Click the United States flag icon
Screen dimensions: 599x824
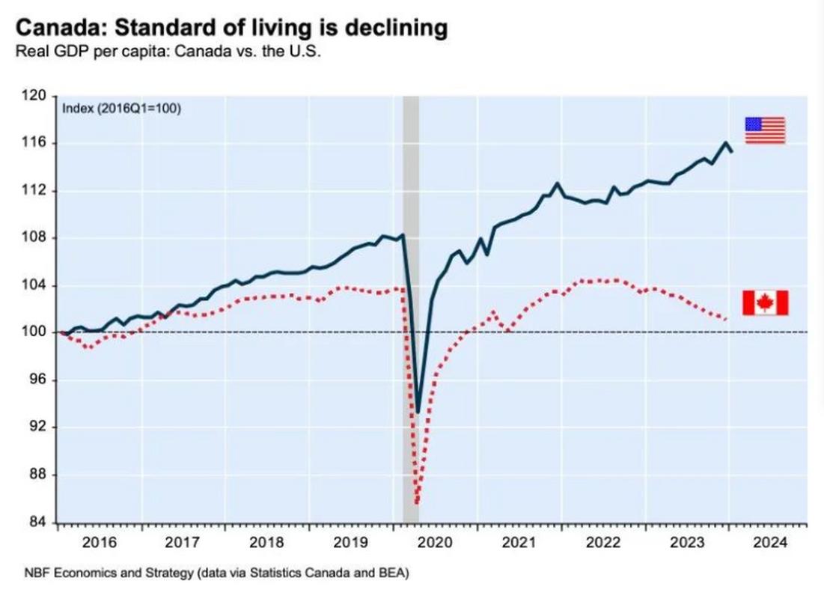764,130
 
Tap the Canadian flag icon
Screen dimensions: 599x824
765,302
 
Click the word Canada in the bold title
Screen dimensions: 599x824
53,29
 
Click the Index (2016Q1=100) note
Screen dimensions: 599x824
120,109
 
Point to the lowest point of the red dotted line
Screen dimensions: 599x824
417,503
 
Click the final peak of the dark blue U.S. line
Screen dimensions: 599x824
725,143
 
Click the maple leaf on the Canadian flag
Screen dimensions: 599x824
765,302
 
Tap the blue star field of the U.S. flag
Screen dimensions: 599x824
753,124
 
